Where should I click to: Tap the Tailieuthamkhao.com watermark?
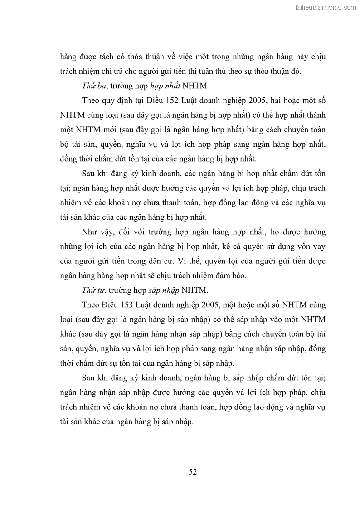click(326, 7)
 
